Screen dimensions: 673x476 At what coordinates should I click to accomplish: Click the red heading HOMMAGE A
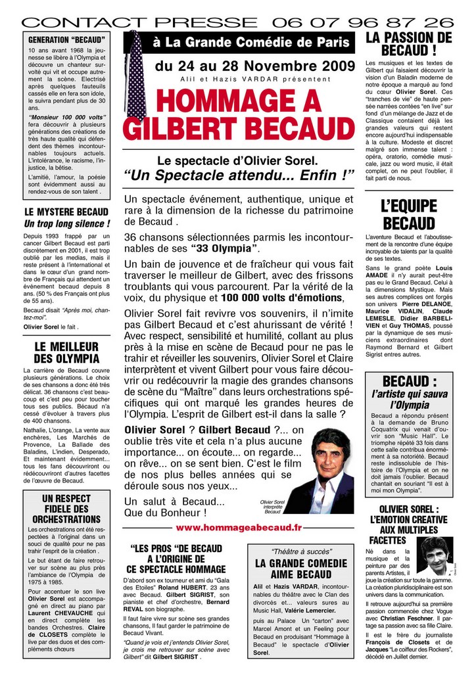[239, 101]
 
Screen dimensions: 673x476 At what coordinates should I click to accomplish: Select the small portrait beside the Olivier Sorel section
[435, 557]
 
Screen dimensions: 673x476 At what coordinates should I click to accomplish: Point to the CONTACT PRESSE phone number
[361, 22]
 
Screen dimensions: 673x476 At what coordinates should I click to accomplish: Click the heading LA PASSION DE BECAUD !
[408, 44]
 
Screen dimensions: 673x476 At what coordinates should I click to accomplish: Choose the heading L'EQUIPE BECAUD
[408, 214]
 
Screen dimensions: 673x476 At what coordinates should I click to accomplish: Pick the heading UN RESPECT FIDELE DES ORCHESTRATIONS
[66, 509]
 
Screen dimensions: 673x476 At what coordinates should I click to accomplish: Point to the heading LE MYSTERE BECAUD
[66, 212]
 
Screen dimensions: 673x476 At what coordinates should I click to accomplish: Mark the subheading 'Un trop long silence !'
[66, 223]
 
